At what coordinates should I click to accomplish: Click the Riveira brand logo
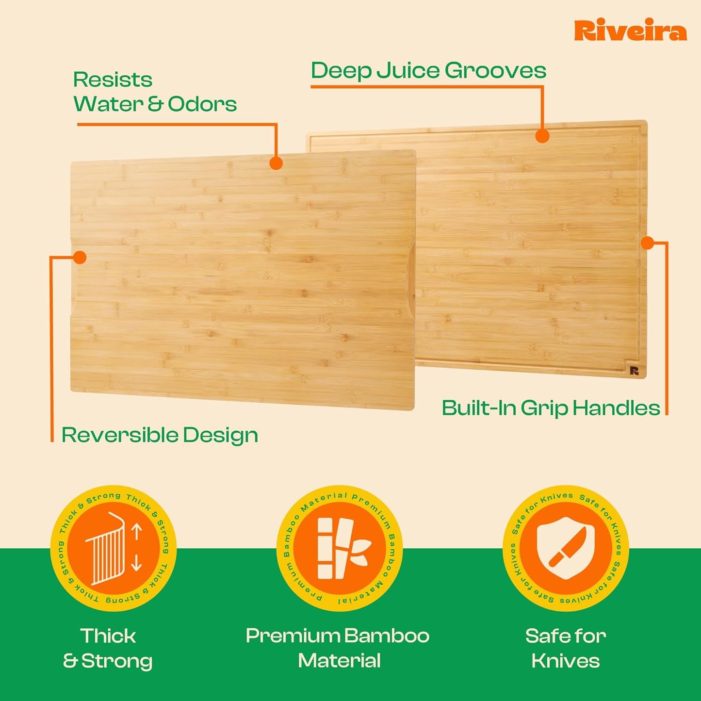click(x=630, y=31)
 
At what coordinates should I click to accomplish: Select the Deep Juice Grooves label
click(x=428, y=71)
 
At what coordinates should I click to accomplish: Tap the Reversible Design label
click(x=160, y=435)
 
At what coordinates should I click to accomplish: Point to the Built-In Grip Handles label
click(x=551, y=408)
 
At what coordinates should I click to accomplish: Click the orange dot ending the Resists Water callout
click(x=276, y=163)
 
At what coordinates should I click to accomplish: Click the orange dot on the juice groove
click(x=542, y=136)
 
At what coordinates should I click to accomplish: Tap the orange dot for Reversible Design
click(x=80, y=257)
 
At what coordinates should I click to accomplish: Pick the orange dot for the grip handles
click(x=647, y=243)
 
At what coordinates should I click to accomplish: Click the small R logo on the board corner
click(x=634, y=371)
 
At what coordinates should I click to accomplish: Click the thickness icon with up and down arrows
click(x=114, y=548)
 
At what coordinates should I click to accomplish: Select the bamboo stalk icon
click(x=340, y=548)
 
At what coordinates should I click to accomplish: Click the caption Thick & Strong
click(x=108, y=649)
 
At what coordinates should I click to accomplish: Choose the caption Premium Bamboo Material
click(x=338, y=649)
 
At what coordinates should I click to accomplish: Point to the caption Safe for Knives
click(x=566, y=649)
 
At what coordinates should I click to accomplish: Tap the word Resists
click(x=113, y=80)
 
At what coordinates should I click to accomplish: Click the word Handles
click(x=616, y=408)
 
